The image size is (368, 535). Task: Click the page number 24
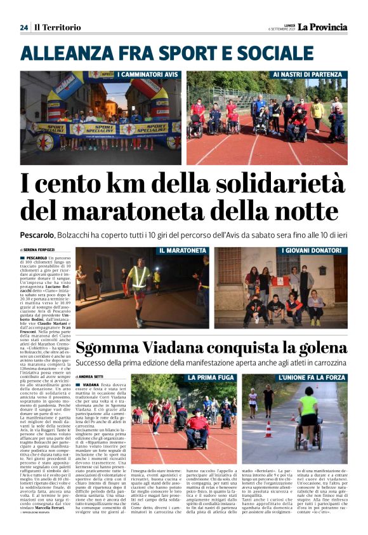pyautogui.click(x=24, y=27)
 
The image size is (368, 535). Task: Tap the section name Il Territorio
pyautogui.click(x=58, y=27)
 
